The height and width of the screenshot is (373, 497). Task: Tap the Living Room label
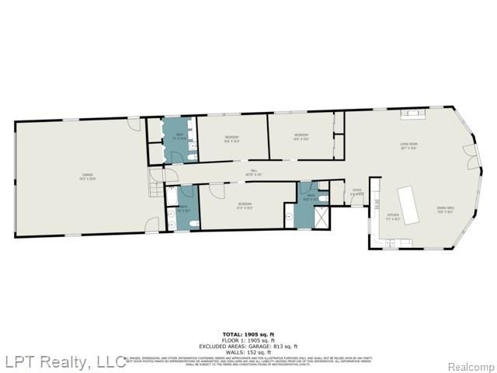point(408,146)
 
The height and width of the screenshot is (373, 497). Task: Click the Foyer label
point(357,191)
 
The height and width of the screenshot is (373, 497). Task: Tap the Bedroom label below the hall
point(245,205)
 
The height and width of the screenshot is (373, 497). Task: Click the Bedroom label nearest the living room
point(301,137)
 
